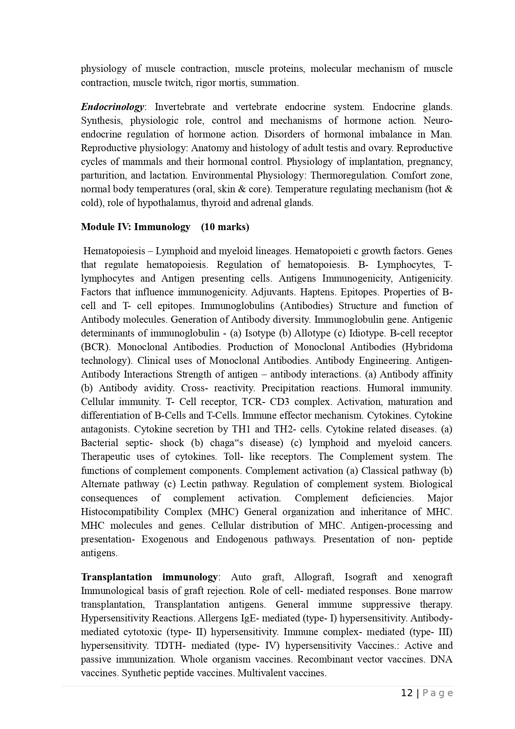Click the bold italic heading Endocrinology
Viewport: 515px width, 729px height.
(x=112, y=107)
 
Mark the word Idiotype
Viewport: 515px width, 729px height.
(x=365, y=333)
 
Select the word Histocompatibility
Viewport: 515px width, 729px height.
(x=120, y=512)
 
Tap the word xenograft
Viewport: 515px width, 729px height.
(x=432, y=577)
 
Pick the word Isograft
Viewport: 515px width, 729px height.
(x=360, y=577)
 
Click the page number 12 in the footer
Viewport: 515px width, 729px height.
(x=407, y=693)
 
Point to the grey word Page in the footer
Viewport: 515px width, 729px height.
(x=437, y=693)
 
